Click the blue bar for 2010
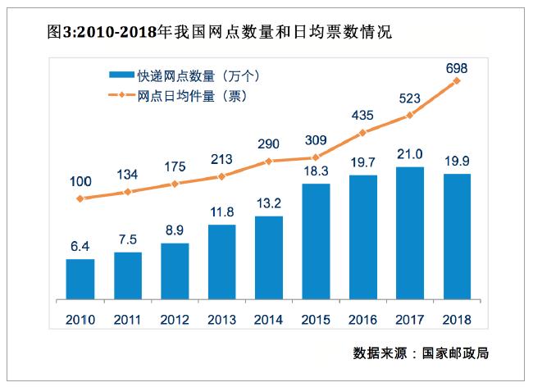pos(80,280)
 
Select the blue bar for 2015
pos(316,242)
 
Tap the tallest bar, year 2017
pos(410,234)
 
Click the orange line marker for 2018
pos(457,80)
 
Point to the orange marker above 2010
pos(80,198)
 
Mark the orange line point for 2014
pos(269,162)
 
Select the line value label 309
pos(316,139)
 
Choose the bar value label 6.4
pos(80,246)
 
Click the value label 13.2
pos(269,203)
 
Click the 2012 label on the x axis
pos(175,319)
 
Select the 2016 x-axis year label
pos(362,319)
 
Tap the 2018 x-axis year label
pos(457,319)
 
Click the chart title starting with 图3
pos(210,33)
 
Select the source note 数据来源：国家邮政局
pos(426,353)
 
